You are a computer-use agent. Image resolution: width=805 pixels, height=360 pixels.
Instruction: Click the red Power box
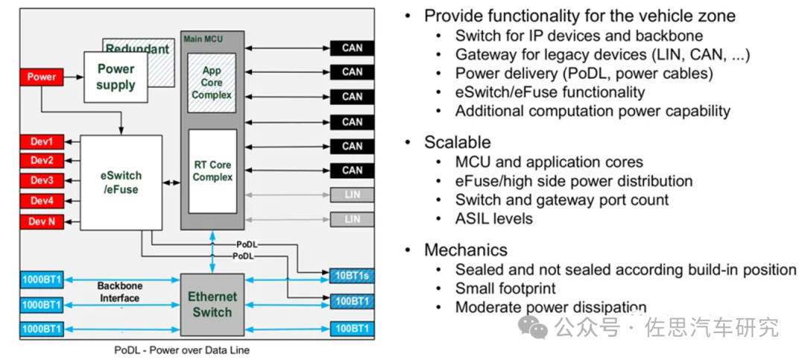42,77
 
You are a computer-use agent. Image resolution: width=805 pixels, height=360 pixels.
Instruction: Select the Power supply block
116,77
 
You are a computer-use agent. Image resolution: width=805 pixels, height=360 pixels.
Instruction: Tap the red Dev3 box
42,181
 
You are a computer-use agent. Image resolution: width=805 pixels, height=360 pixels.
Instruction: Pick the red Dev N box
42,222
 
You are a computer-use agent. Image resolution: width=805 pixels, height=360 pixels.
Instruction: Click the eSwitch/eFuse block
121,183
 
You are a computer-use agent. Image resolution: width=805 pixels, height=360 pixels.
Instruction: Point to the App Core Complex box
212,83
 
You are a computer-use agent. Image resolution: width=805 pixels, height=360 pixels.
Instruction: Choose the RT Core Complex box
212,171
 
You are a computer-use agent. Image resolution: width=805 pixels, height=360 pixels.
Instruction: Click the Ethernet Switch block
212,305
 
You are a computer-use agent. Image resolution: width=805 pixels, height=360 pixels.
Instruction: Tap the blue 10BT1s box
352,276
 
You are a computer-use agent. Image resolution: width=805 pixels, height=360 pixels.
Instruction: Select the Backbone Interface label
120,291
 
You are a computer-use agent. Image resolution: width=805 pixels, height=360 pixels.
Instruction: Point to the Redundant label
138,49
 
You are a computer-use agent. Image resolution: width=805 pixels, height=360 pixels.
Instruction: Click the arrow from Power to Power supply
73,77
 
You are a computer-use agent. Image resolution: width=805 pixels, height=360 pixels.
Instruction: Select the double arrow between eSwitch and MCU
171,183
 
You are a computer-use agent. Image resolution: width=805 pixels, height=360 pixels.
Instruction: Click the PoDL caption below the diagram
182,350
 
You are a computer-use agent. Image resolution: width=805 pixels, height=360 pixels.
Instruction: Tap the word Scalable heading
458,142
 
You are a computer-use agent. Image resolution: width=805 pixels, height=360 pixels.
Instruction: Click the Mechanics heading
466,250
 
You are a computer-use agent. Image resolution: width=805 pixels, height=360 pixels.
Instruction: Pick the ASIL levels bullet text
494,218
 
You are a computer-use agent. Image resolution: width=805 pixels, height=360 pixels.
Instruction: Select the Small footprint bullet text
505,288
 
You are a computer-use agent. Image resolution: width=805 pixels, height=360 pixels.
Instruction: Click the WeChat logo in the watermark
533,326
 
